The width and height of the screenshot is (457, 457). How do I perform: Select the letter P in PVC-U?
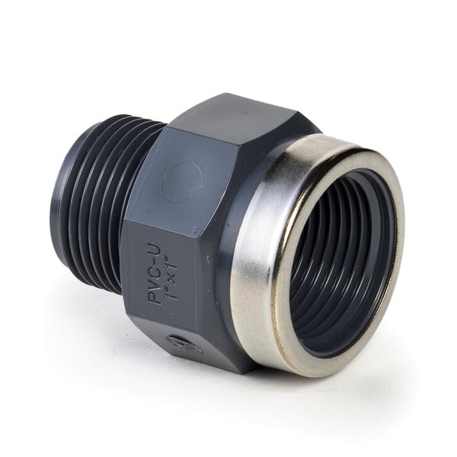pyautogui.click(x=155, y=299)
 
